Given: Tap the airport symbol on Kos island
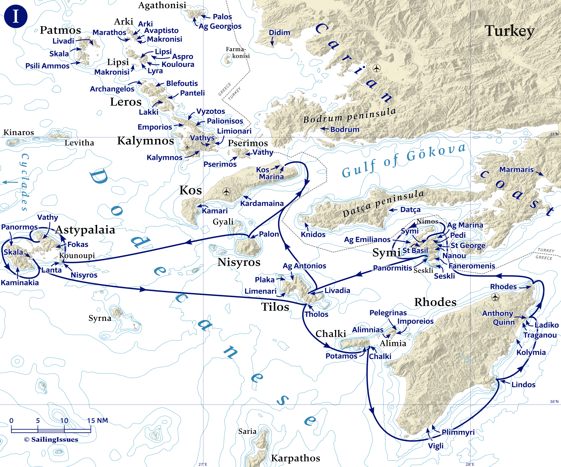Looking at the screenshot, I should (226, 191).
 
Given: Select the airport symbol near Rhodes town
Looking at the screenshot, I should (495, 297).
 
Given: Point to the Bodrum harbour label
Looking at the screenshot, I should (345, 129).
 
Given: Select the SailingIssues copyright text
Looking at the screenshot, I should (51, 439).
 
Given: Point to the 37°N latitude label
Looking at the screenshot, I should (554, 134).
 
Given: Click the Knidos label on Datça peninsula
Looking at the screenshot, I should (313, 235).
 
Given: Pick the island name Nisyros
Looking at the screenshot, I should (239, 262).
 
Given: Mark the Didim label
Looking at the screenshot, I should (279, 32).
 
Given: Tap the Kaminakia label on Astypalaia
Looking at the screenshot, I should (20, 283).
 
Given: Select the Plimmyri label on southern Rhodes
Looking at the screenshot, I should (458, 432).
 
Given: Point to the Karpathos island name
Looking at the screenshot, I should (295, 458).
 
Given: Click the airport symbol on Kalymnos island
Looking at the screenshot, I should (187, 147).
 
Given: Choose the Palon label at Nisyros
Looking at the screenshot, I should (269, 234).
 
